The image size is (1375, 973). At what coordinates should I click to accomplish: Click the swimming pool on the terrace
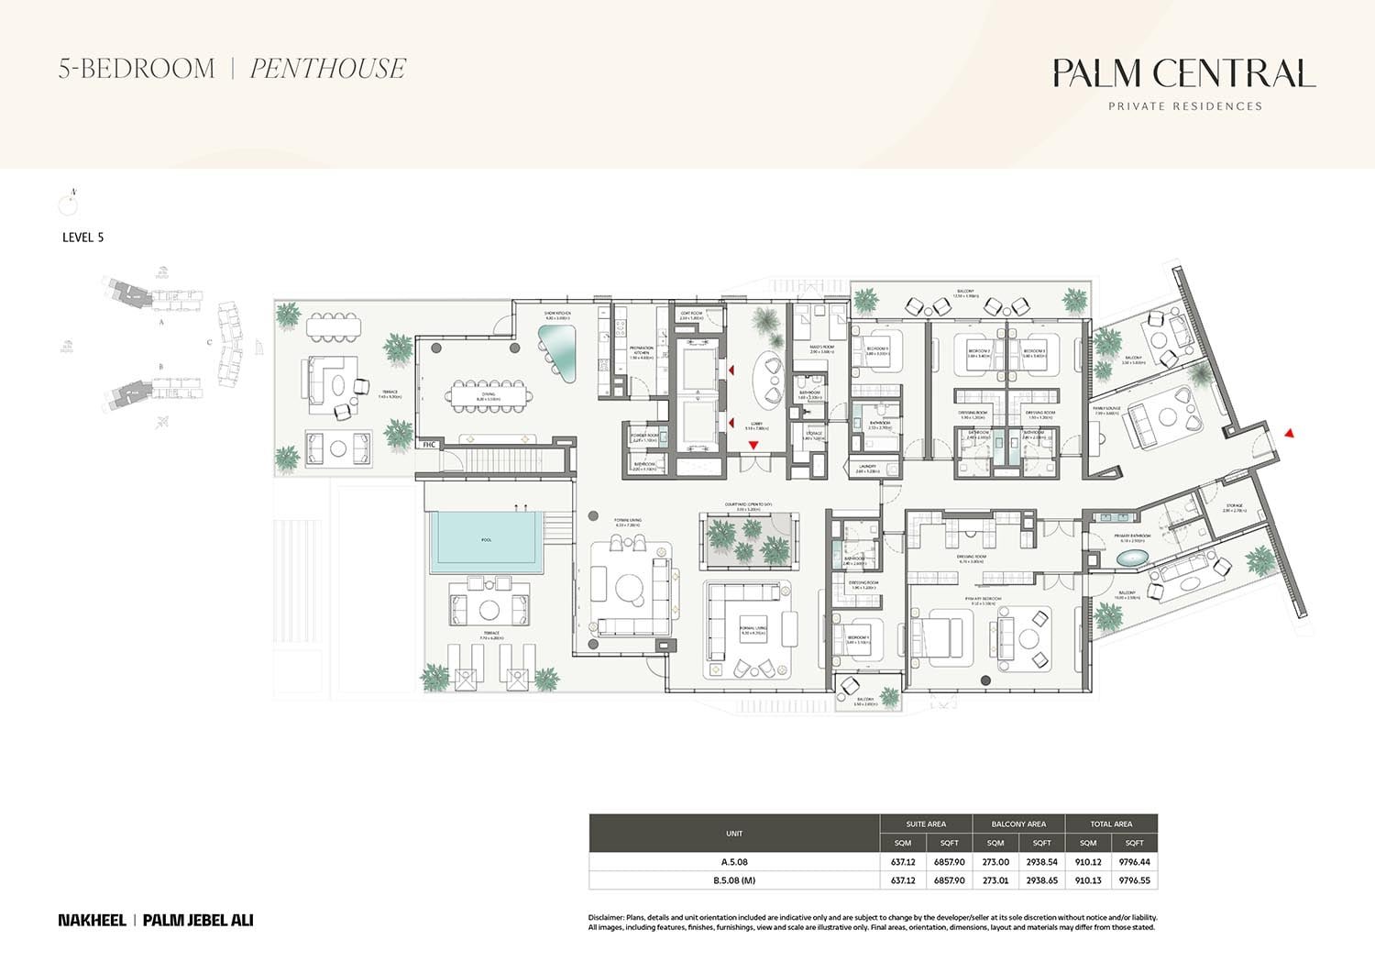pyautogui.click(x=486, y=540)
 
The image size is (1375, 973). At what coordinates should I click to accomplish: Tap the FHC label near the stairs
pyautogui.click(x=428, y=445)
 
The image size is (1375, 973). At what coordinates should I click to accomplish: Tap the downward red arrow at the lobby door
pyautogui.click(x=753, y=445)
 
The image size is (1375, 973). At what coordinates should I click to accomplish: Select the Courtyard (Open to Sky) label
pyautogui.click(x=747, y=504)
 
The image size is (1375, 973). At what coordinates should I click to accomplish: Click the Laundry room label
pyautogui.click(x=868, y=467)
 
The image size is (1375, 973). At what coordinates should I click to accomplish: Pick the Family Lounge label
pyautogui.click(x=1105, y=408)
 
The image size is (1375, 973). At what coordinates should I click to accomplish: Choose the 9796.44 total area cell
pyautogui.click(x=1134, y=862)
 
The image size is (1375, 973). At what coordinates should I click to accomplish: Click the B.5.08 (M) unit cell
pyautogui.click(x=733, y=880)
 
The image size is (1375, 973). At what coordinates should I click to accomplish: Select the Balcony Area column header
pyautogui.click(x=1018, y=824)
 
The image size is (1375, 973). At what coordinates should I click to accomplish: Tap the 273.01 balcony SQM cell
pyautogui.click(x=995, y=880)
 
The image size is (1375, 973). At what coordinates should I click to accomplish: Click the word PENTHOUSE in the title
pyautogui.click(x=327, y=69)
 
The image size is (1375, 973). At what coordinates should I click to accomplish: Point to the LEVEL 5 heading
pyautogui.click(x=82, y=237)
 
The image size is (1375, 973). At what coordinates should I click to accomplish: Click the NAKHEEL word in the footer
pyautogui.click(x=92, y=920)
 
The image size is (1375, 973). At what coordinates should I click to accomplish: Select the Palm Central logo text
pyautogui.click(x=1183, y=73)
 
